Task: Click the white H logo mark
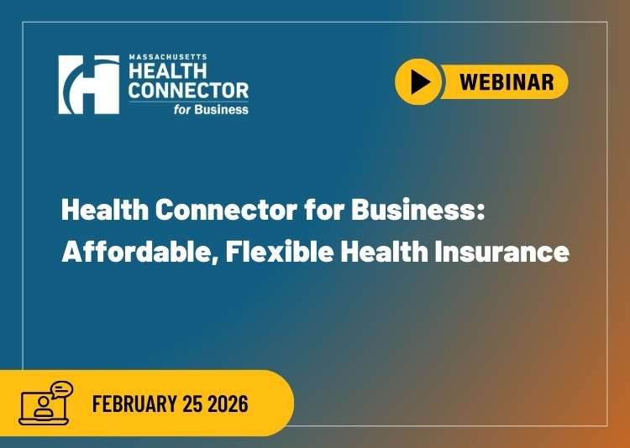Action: click(88, 84)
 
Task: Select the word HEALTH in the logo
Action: click(161, 71)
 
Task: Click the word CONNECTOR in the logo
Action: click(188, 90)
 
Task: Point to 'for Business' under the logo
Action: click(217, 108)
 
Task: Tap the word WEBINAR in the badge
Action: click(507, 81)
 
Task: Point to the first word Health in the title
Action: click(96, 212)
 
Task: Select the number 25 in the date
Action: click(192, 404)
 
